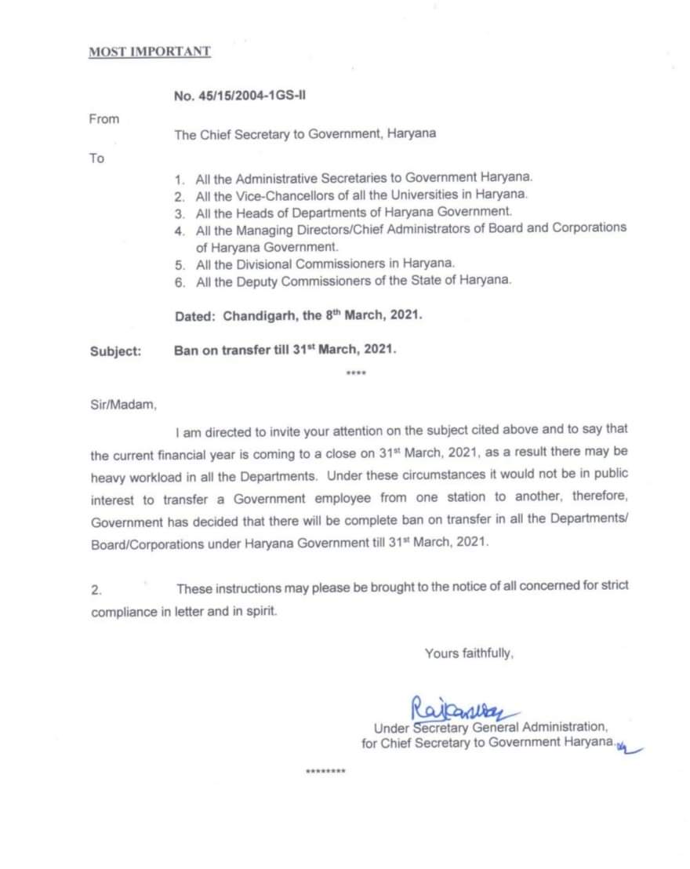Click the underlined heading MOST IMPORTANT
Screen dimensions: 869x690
tap(149, 52)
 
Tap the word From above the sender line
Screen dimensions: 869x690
tap(103, 119)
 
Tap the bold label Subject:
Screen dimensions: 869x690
tap(116, 351)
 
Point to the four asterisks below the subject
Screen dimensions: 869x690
tap(356, 373)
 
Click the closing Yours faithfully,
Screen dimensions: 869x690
tap(469, 652)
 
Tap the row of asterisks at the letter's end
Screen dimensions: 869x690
tap(325, 772)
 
